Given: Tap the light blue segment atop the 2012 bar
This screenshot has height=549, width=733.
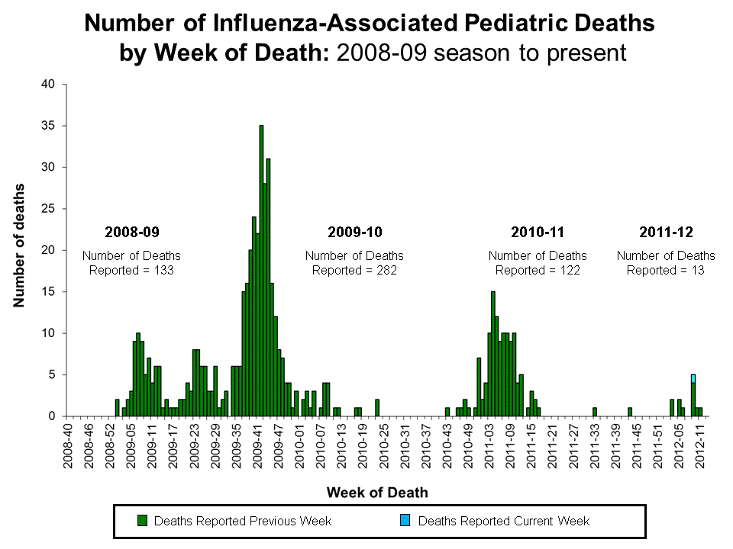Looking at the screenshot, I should tap(693, 378).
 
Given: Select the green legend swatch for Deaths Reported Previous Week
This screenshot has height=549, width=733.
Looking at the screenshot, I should tap(141, 521).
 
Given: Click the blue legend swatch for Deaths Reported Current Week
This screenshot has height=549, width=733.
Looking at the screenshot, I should tap(405, 521).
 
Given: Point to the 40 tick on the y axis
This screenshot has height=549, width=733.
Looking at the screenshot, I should tap(48, 85).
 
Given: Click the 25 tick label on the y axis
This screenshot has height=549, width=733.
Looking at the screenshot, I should tap(48, 209).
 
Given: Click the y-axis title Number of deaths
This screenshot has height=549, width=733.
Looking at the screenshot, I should tap(18, 246).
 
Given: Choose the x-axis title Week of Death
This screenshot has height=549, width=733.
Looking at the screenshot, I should tap(377, 493).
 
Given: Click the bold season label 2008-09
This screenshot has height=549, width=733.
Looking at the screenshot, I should tap(131, 231).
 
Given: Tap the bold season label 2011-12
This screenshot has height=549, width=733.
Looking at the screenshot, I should tap(666, 231).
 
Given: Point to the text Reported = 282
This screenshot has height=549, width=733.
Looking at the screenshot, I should tap(354, 270).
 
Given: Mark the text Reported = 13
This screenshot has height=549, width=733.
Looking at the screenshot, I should tap(666, 270).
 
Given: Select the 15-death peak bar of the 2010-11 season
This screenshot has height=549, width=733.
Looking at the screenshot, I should tap(492, 354).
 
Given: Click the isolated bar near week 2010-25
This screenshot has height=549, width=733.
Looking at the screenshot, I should tap(377, 408).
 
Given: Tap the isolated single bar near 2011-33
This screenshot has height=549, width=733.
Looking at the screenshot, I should tap(594, 412).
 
